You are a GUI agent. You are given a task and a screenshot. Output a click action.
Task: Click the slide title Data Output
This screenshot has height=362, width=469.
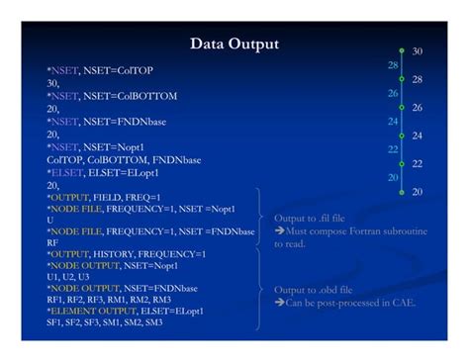point(234,44)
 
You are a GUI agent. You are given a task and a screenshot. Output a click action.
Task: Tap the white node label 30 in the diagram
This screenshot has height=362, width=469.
point(417,50)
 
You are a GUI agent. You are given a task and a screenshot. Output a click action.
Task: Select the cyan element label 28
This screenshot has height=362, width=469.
point(393,65)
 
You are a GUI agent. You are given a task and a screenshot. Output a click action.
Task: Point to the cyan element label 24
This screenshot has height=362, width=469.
point(393,122)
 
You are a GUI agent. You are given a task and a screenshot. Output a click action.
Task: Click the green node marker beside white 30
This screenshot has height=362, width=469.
point(402,50)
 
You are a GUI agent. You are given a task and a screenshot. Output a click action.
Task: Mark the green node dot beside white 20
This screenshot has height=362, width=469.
point(402,191)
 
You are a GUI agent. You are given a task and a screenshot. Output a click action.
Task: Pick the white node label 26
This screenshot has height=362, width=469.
point(417,107)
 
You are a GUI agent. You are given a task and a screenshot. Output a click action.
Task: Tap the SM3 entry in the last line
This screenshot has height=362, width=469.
point(152,322)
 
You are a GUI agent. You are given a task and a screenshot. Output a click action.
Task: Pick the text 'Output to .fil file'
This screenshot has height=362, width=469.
point(309,218)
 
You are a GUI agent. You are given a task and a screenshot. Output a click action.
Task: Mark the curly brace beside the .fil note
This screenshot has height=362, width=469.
point(261,218)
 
